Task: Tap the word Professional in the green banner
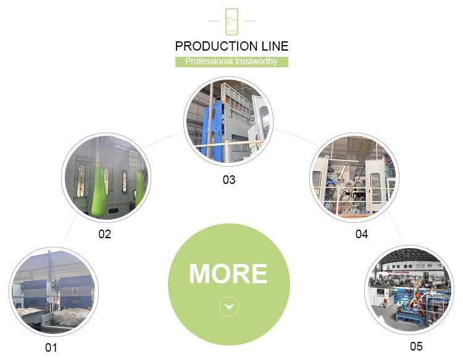209,62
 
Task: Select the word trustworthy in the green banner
256,62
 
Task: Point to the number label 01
51,348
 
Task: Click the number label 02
105,234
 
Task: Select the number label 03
229,180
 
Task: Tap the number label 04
362,234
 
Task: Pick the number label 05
415,346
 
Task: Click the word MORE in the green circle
228,273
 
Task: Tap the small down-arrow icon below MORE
229,306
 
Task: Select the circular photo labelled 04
353,178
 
